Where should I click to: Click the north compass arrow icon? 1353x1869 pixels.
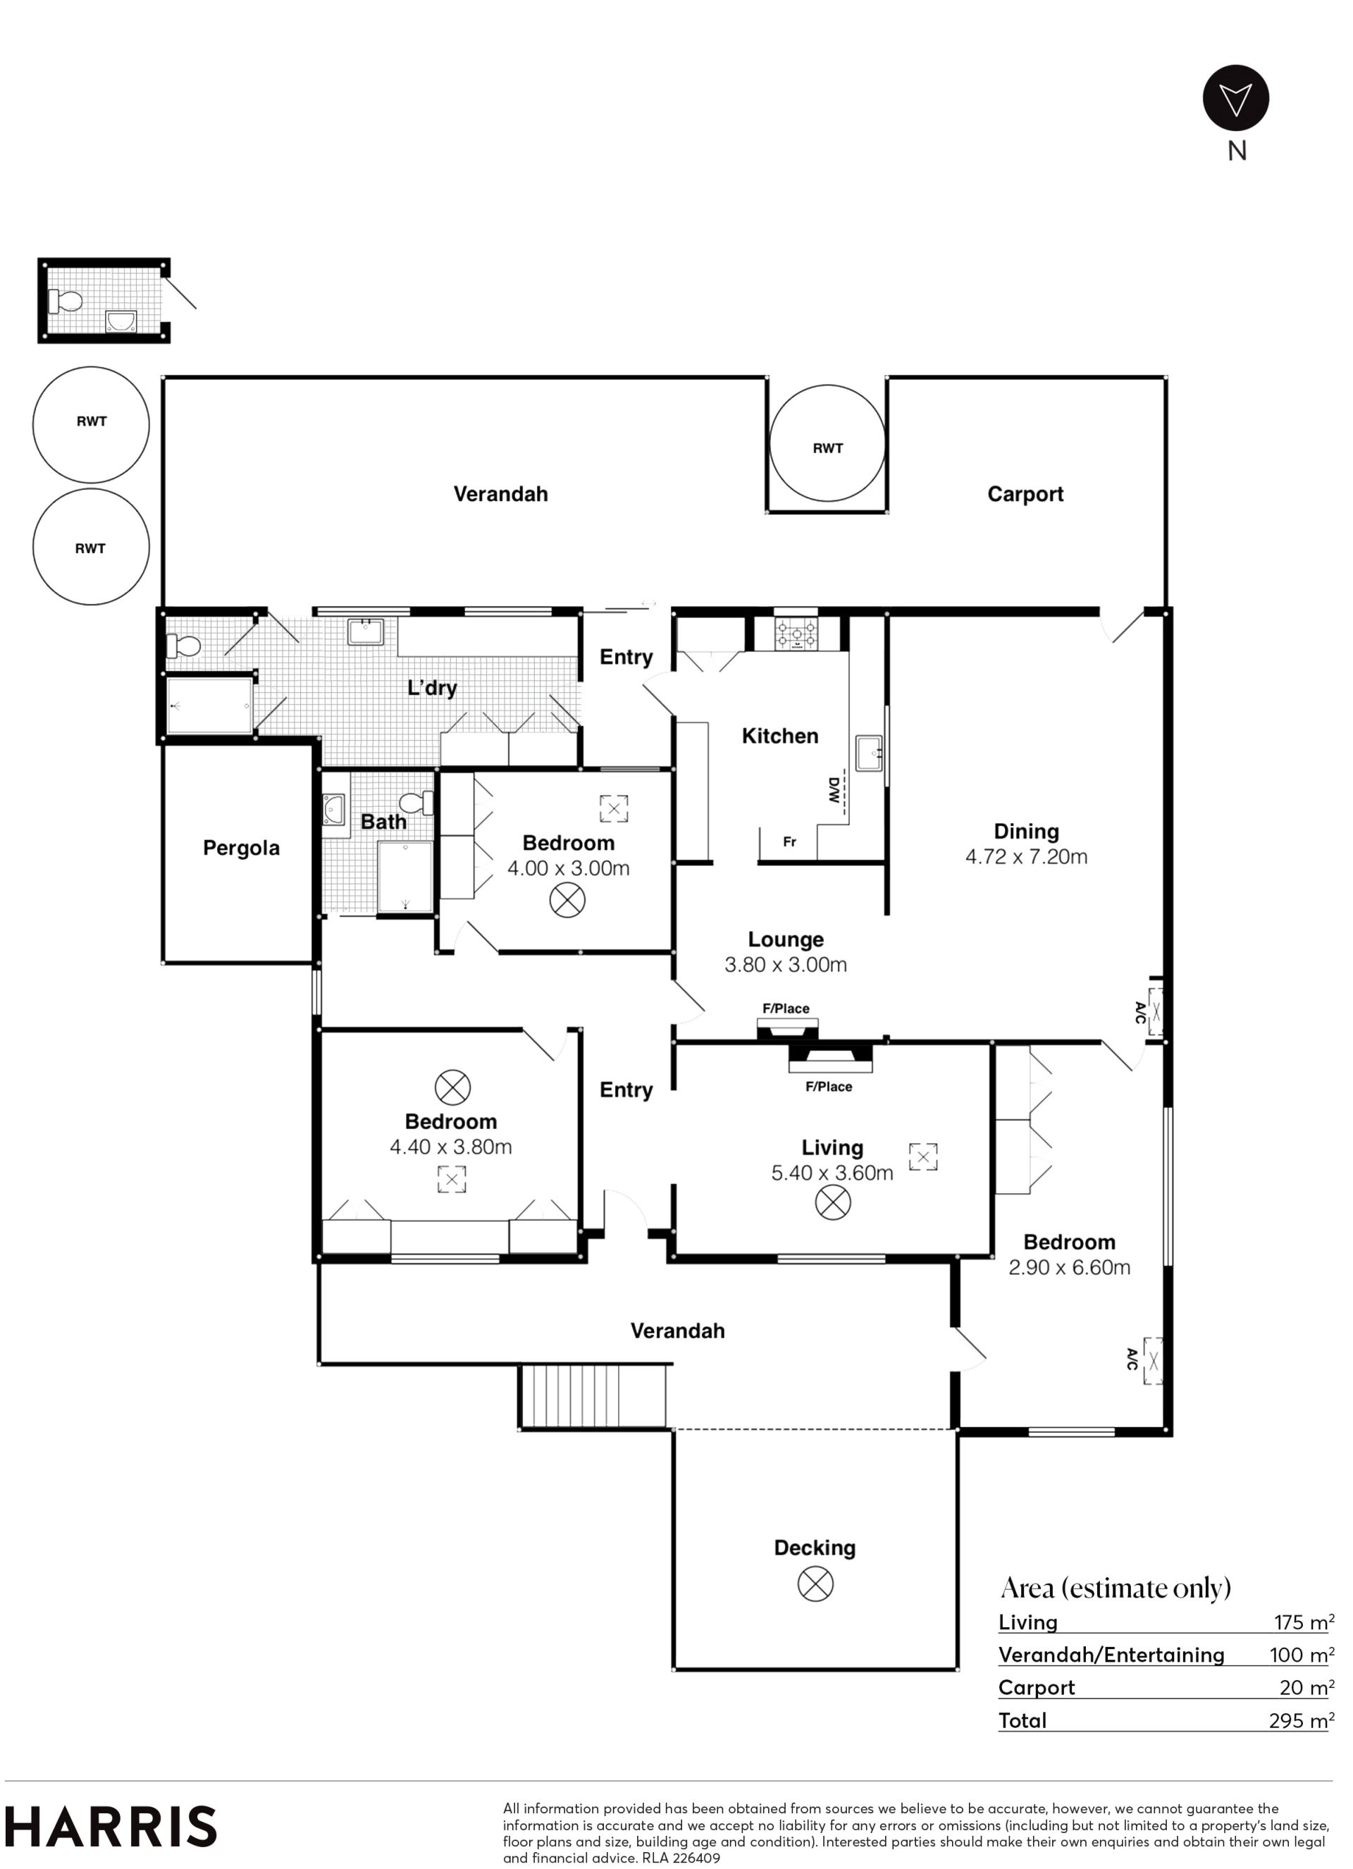1236,98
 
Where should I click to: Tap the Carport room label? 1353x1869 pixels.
1025,495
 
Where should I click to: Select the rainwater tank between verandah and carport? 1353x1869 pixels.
827,443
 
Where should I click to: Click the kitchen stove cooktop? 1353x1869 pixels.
796,633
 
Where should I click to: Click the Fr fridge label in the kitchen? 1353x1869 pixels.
789,842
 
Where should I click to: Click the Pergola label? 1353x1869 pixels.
242,849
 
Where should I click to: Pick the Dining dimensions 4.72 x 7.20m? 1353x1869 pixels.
1026,857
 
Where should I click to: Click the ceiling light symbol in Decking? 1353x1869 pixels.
816,1584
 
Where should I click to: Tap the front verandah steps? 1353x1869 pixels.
593,1396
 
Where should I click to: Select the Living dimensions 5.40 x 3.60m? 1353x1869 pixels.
832,1173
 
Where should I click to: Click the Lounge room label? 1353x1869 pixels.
785,939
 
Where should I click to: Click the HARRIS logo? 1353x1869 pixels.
111,1827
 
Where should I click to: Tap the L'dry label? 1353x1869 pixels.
432,687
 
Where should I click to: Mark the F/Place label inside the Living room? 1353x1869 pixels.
829,1087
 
